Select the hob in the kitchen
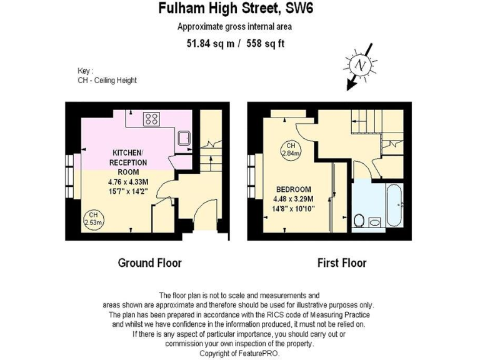pyautogui.click(x=152, y=119)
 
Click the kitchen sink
pyautogui.click(x=184, y=138)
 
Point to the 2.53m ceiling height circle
pyautogui.click(x=93, y=217)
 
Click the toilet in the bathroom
pyautogui.click(x=359, y=220)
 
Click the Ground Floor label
pyautogui.click(x=150, y=262)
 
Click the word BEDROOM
pyautogui.click(x=294, y=190)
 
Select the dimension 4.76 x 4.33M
pyautogui.click(x=128, y=183)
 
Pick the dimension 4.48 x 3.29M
pyautogui.click(x=294, y=199)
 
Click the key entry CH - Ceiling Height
pyautogui.click(x=103, y=81)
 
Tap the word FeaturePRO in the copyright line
pyautogui.click(x=262, y=353)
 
